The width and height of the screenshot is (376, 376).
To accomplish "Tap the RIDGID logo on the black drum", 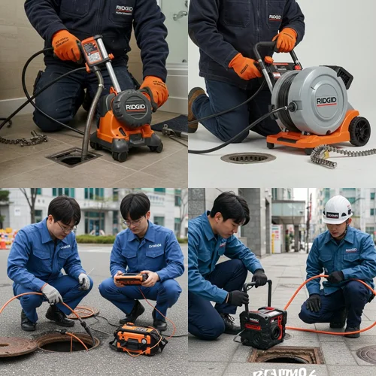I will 135,107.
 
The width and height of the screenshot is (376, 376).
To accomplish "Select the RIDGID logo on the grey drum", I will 326,100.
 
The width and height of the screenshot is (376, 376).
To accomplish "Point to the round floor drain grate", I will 247,158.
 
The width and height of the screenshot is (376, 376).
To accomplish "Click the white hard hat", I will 337,210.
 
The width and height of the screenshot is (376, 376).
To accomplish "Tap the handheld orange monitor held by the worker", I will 130,278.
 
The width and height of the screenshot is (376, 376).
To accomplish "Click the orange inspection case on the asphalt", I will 139,338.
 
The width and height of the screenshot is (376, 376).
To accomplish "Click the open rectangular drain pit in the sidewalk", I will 286,354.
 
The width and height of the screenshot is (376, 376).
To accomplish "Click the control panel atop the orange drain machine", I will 96,51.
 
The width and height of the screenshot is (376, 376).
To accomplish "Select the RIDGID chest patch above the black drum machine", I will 124,10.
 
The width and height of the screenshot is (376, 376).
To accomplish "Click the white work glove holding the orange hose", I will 52,293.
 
